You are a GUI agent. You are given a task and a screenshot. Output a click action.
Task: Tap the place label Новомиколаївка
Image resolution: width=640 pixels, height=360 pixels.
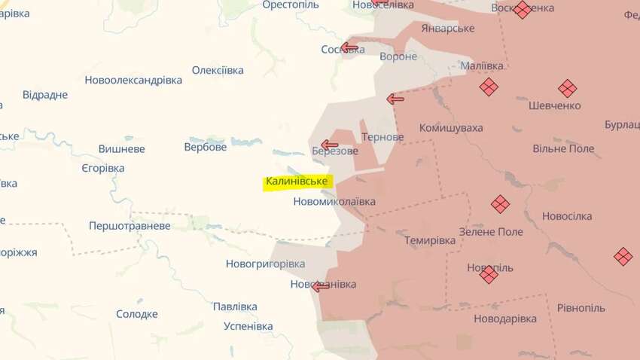tap(334, 202)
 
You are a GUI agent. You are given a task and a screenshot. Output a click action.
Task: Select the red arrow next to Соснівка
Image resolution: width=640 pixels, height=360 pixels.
tap(349, 48)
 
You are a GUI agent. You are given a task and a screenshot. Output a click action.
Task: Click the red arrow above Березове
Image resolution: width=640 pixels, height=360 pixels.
tap(330, 145)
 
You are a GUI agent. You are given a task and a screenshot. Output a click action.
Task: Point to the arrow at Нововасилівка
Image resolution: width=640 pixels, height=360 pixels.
tap(321, 286)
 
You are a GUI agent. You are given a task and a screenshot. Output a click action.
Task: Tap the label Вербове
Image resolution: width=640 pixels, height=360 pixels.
tap(206, 147)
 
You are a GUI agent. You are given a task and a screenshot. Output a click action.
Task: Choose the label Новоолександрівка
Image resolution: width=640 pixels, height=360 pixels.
tap(133, 80)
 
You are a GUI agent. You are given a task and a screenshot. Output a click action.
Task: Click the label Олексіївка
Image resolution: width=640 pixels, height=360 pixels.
tap(218, 70)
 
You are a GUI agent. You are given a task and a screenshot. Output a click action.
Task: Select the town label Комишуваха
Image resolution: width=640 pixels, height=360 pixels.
tap(451, 128)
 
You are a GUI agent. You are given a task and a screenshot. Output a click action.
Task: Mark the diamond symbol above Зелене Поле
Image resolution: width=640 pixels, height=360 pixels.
tap(500, 204)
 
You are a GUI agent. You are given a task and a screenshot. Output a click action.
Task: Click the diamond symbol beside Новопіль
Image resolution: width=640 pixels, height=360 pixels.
tap(489, 275)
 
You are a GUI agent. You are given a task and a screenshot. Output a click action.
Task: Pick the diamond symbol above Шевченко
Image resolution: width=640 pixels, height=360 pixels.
tap(567, 87)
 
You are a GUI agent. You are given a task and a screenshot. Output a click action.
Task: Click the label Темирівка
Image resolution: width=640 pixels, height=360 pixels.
tap(430, 240)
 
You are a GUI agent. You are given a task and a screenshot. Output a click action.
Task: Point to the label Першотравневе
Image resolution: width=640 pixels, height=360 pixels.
tap(130, 225)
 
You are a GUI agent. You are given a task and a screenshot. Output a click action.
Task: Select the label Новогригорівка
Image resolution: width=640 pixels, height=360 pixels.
tap(265, 264)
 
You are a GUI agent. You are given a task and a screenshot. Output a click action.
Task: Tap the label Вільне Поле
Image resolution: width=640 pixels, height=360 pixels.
tap(563, 148)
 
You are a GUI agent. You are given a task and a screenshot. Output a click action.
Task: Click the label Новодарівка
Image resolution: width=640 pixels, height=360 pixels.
tap(505, 319)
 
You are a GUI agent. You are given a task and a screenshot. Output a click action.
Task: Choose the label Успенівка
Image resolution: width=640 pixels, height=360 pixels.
tap(248, 326)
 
